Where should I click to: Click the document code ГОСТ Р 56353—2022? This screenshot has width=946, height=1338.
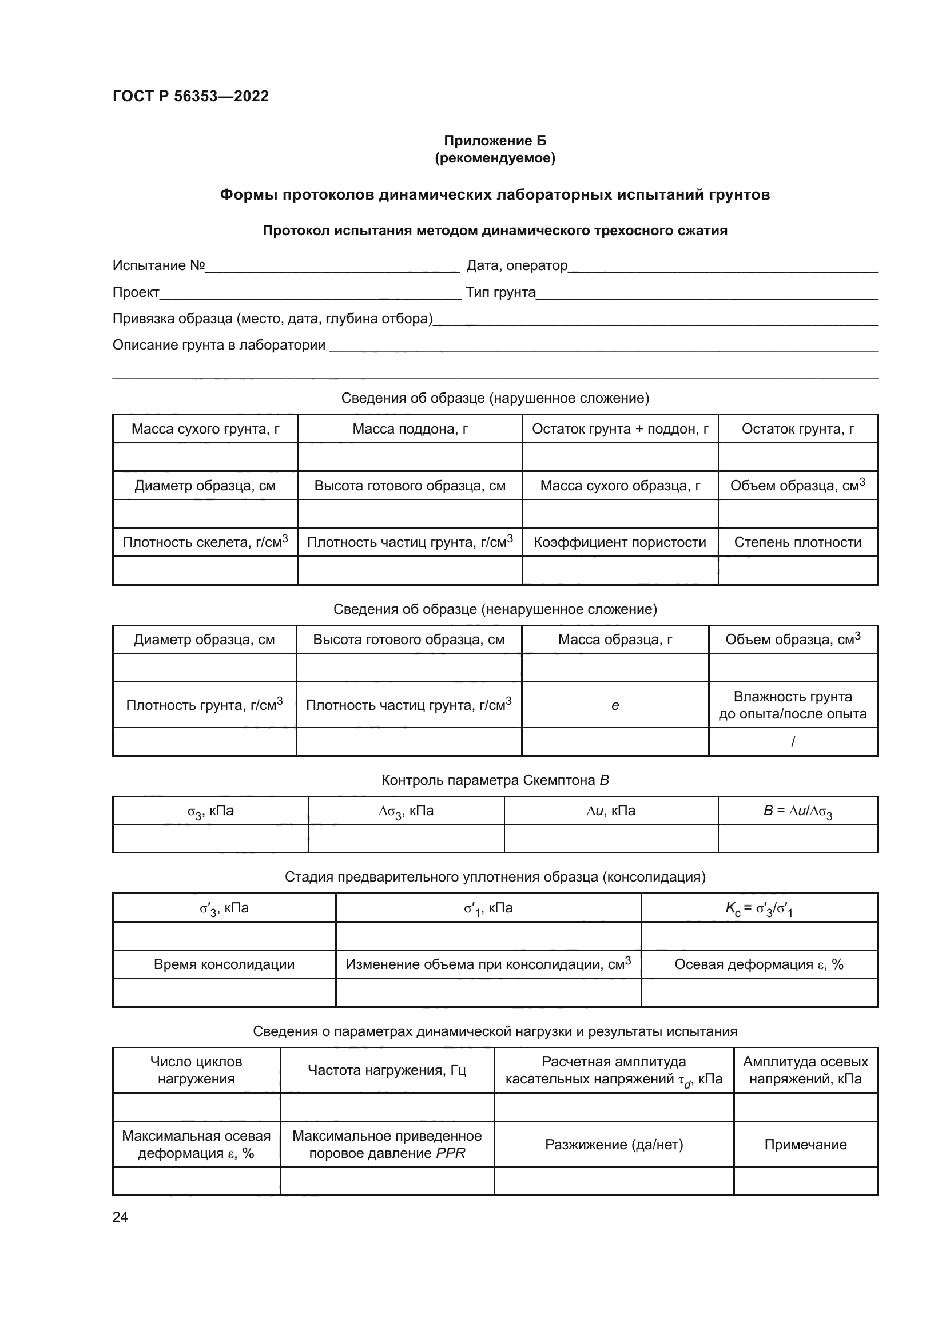[190, 96]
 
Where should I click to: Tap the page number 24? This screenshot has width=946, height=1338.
[120, 1217]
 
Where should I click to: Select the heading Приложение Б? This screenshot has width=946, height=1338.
[495, 141]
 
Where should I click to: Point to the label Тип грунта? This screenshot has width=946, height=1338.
[500, 292]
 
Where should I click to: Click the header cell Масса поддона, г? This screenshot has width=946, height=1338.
[410, 429]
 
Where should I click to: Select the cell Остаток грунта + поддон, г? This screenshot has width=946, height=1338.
[620, 429]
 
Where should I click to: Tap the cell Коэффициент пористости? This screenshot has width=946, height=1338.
[620, 542]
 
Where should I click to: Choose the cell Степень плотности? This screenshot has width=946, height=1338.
[797, 542]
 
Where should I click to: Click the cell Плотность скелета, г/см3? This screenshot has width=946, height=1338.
[205, 542]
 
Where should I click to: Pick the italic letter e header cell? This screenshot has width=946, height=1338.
[615, 706]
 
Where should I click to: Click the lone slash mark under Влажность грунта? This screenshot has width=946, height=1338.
[793, 742]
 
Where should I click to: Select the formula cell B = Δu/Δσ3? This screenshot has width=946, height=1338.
[797, 811]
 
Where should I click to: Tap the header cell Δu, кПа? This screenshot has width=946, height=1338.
[610, 811]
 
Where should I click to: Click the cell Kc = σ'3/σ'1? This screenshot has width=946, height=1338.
[758, 908]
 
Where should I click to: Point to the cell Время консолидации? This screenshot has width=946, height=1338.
[224, 964]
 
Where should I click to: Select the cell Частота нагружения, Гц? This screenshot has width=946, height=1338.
[387, 1070]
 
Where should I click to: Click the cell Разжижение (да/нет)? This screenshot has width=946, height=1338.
[614, 1145]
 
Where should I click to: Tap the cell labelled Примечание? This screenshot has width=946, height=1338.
[805, 1145]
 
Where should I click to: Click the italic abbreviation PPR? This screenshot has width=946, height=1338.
[450, 1153]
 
